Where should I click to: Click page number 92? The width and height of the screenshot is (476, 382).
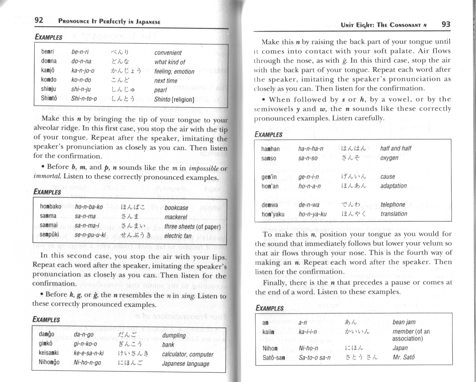[39, 20]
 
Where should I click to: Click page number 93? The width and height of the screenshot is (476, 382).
[446, 25]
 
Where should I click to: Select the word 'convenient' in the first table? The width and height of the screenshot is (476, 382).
[168, 53]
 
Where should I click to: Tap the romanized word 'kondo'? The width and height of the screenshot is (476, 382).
[49, 80]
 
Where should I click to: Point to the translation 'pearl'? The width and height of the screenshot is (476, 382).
[160, 90]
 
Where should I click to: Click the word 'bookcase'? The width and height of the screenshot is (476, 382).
[176, 208]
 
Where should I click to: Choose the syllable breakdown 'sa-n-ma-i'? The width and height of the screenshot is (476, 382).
[87, 225]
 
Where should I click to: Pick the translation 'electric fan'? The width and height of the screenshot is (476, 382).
[177, 236]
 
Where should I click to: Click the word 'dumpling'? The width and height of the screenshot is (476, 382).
[174, 335]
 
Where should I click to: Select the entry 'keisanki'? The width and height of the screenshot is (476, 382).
[50, 353]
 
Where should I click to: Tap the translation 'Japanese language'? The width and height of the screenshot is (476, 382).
[186, 363]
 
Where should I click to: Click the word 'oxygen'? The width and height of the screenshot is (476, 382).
[390, 158]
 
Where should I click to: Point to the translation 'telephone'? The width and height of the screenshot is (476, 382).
[393, 205]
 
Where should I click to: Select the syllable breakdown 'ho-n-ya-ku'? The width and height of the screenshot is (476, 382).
[312, 214]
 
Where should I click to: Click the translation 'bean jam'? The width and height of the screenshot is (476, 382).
[404, 322]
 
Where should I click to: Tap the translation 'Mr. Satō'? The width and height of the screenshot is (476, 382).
[403, 357]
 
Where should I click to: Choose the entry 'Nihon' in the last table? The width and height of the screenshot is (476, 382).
[270, 348]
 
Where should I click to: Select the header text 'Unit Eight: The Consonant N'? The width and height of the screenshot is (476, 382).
[384, 25]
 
